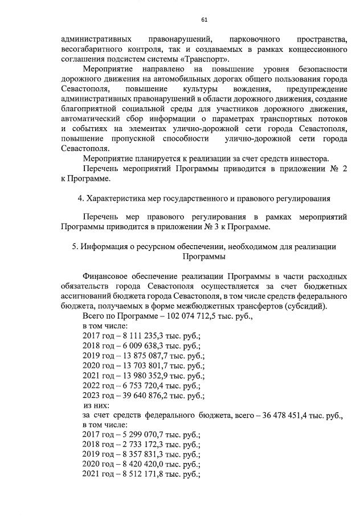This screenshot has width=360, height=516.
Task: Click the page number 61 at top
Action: point(204,20)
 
